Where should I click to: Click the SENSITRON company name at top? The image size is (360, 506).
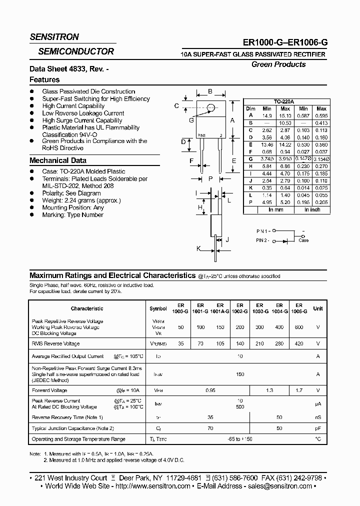click(x=54, y=37)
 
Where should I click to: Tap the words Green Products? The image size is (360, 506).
click(x=278, y=64)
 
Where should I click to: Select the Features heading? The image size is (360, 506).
click(x=44, y=79)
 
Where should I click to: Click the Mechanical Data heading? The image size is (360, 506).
click(x=58, y=160)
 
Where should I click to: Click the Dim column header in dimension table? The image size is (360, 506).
click(x=251, y=108)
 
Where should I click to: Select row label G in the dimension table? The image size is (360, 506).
click(x=251, y=158)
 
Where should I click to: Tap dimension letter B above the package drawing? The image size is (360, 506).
click(x=210, y=91)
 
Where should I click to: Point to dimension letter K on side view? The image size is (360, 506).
click(x=198, y=248)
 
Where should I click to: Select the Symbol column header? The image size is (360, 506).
click(x=158, y=308)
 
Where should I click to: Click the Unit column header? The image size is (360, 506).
click(x=317, y=308)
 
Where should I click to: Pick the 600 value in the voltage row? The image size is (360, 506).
click(x=298, y=327)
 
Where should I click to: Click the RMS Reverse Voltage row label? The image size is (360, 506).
click(x=55, y=343)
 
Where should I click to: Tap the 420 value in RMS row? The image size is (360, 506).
click(x=298, y=343)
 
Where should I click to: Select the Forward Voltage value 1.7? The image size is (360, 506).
click(x=298, y=390)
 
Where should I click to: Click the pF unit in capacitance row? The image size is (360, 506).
click(x=317, y=428)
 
